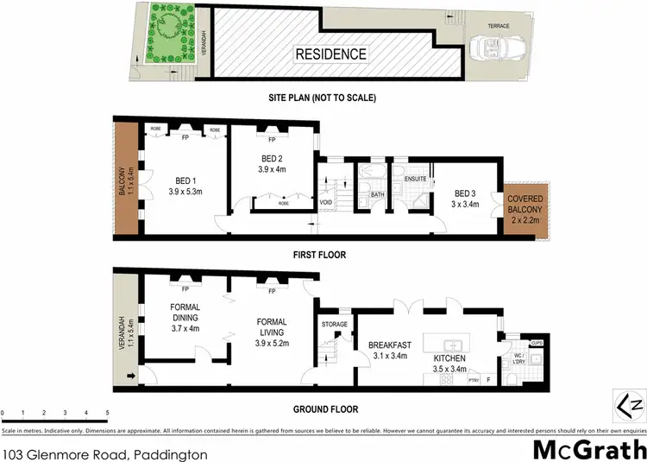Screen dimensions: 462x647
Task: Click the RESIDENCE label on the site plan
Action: coord(331,54)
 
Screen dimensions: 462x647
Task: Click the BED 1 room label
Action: coord(184,184)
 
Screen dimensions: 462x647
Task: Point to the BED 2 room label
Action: coord(273,164)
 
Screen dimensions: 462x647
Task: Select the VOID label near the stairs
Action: coord(326,203)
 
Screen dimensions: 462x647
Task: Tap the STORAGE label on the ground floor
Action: coord(334,325)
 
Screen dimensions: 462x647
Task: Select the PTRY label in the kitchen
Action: coord(474,377)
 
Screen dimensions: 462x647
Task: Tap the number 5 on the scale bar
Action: coord(107,414)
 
